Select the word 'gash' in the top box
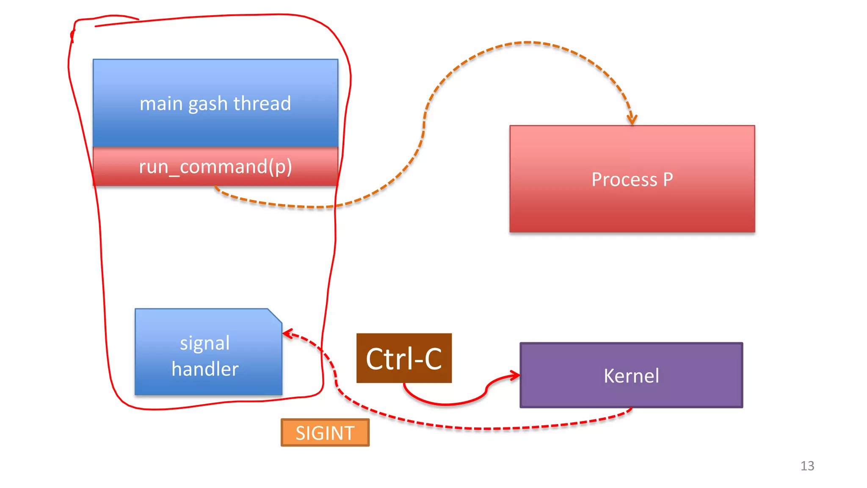click(208, 104)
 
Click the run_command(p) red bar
click(215, 166)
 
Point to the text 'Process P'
click(632, 179)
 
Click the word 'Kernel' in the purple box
click(631, 376)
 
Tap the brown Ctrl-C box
click(404, 358)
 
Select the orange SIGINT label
click(325, 433)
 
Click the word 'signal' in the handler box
click(205, 343)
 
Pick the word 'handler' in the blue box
click(205, 369)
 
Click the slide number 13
click(807, 466)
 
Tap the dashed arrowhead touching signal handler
click(287, 334)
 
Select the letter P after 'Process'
click(668, 179)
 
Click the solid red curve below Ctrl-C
click(445, 404)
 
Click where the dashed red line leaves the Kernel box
click(631, 409)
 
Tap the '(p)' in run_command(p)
click(280, 167)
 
